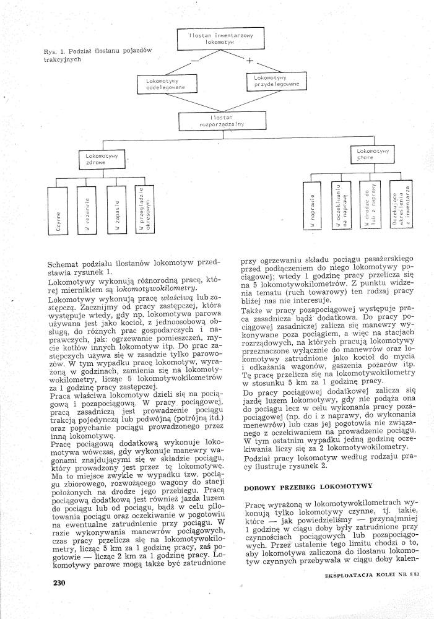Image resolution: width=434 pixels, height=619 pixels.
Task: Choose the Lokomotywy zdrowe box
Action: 102,158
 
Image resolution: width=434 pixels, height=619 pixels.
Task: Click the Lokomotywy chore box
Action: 370,154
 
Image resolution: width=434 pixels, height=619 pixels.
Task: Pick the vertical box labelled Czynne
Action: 58,210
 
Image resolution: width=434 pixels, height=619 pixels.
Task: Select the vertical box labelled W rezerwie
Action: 87,210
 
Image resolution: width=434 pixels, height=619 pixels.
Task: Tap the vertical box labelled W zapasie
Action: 115,210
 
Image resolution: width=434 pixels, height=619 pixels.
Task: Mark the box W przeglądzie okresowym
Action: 144,210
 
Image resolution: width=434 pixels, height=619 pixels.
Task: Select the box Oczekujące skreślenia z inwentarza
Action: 399,207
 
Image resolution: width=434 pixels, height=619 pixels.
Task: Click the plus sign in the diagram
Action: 250,61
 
